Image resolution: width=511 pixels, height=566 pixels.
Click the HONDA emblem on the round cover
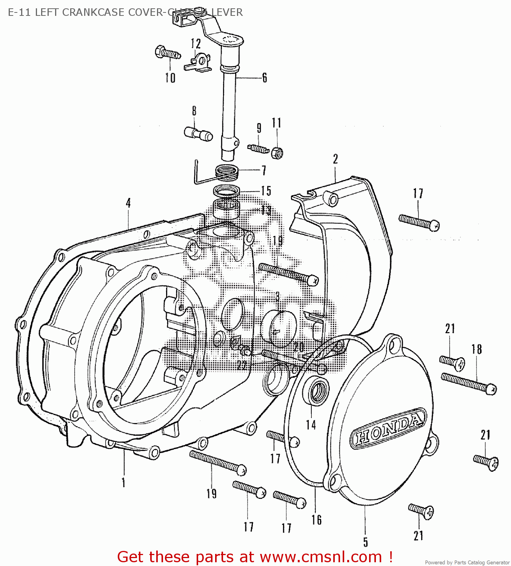tap(388, 428)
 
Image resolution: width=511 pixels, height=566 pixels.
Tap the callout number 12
tap(195, 43)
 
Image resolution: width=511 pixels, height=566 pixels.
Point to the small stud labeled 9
tap(259, 149)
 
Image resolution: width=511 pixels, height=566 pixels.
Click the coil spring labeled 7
tap(226, 173)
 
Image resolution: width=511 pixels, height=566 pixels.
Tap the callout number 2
tap(335, 159)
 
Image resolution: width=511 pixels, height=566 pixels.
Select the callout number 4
tap(128, 203)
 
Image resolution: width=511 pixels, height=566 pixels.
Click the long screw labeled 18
tap(468, 383)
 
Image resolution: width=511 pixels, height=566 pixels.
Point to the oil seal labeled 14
tap(319, 391)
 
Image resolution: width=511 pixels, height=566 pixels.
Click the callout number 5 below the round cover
tap(365, 542)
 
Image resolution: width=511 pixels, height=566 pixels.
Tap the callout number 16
tap(316, 520)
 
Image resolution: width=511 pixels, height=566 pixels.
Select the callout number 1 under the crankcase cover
tap(123, 482)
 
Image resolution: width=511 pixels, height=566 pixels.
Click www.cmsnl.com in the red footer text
tap(321, 557)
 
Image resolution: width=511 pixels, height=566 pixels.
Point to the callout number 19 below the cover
tap(211, 493)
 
